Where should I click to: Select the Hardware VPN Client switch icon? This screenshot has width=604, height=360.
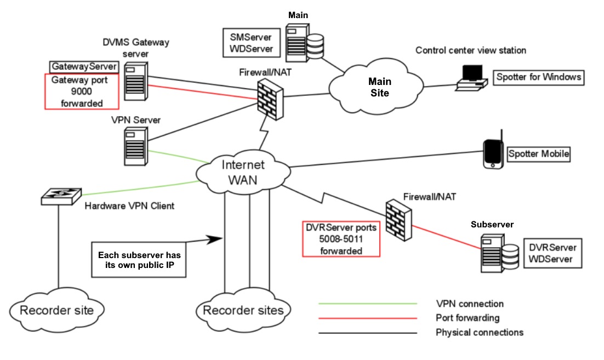pyautogui.click(x=61, y=196)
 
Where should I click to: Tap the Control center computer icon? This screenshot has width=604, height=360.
pyautogui.click(x=471, y=78)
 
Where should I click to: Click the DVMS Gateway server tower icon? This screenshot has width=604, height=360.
pyautogui.click(x=136, y=82)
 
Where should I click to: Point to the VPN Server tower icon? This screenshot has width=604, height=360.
pyautogui.click(x=136, y=147)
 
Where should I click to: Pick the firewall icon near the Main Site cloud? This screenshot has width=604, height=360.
pyautogui.click(x=270, y=99)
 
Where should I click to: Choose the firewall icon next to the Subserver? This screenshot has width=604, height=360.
pyautogui.click(x=398, y=220)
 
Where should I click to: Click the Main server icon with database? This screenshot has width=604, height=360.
pyautogui.click(x=304, y=43)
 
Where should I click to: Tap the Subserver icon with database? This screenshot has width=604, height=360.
pyautogui.click(x=500, y=254)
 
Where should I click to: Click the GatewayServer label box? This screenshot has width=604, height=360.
pyautogui.click(x=84, y=67)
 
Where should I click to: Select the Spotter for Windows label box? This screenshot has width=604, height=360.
pyautogui.click(x=539, y=77)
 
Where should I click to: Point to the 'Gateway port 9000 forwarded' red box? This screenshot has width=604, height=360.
pyautogui.click(x=82, y=92)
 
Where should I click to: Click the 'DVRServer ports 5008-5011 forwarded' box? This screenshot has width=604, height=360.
pyautogui.click(x=341, y=239)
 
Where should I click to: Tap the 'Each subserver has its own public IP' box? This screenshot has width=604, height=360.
pyautogui.click(x=139, y=260)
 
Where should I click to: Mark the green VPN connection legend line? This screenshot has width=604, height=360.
pyautogui.click(x=368, y=304)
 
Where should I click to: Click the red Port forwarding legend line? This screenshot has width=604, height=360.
pyautogui.click(x=368, y=318)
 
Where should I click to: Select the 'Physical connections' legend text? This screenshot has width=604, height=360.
pyautogui.click(x=480, y=332)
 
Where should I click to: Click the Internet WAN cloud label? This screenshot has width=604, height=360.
pyautogui.click(x=243, y=173)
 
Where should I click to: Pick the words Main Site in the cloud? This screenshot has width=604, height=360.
pyautogui.click(x=380, y=87)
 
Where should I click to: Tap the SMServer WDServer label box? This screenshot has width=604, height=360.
pyautogui.click(x=251, y=43)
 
